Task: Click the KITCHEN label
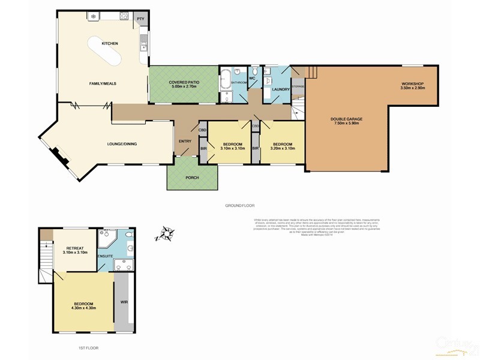click(109, 44)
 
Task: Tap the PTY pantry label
click(141, 19)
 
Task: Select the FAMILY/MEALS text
click(103, 83)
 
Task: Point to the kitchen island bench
click(105, 52)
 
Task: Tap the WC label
click(253, 78)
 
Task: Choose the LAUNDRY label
click(280, 89)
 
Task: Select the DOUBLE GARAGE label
click(346, 119)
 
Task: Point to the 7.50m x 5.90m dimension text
click(346, 124)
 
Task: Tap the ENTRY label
click(185, 141)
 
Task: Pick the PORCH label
click(192, 177)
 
